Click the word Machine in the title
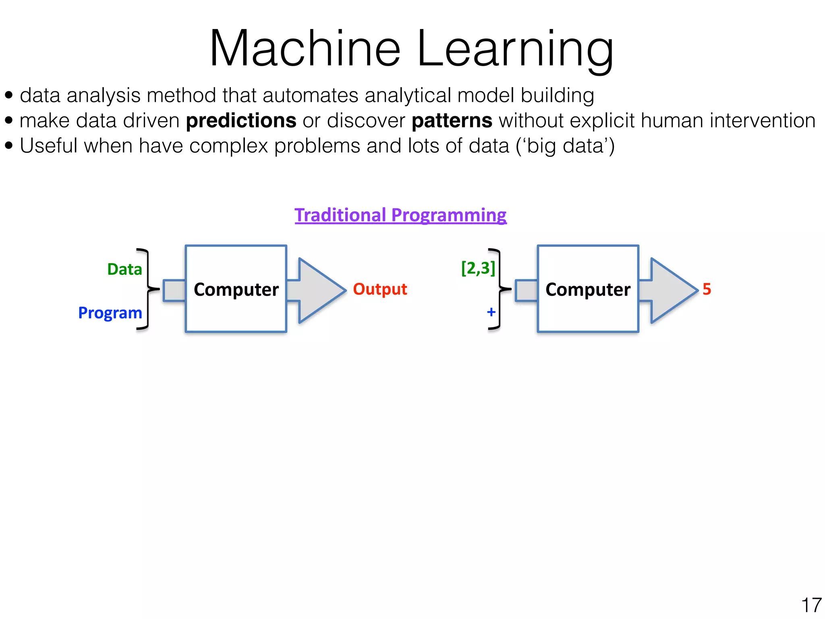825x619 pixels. [305, 49]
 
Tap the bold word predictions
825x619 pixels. [241, 120]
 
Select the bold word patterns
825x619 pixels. [452, 120]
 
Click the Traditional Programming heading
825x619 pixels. [400, 215]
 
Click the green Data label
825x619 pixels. [124, 269]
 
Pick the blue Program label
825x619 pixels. [110, 313]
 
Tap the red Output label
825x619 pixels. [380, 289]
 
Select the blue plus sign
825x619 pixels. [491, 312]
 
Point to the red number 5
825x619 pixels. [707, 289]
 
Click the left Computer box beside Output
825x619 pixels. [236, 289]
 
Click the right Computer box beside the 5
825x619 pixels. [588, 289]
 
